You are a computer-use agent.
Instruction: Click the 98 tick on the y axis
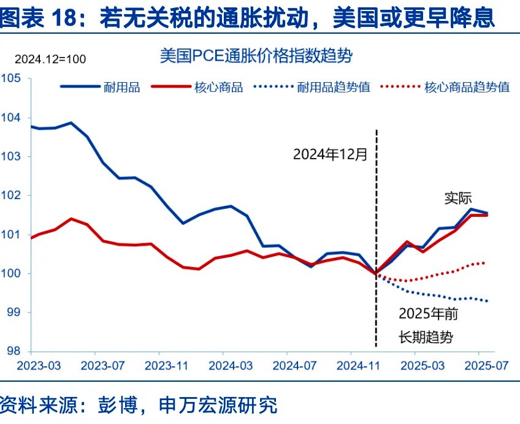pyautogui.click(x=13, y=352)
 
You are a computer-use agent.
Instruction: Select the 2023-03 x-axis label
pyautogui.click(x=39, y=366)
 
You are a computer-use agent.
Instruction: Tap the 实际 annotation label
pyautogui.click(x=458, y=198)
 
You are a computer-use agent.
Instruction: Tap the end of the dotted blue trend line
pyautogui.click(x=487, y=301)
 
